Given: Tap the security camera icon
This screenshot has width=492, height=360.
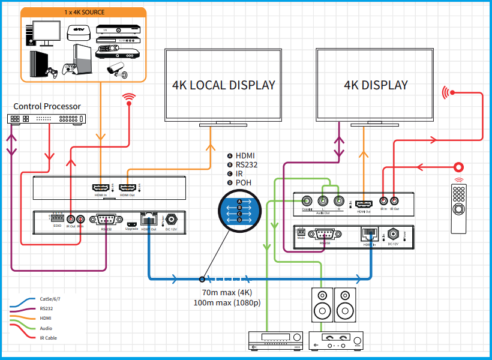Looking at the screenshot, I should click(x=116, y=69).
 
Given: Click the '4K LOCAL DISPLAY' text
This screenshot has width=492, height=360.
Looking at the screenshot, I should click(x=223, y=85).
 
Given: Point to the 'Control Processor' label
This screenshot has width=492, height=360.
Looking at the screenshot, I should click(x=47, y=106).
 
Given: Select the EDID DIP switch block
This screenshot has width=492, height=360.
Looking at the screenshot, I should click(x=58, y=218).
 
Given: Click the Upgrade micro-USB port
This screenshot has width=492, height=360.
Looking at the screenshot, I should click(x=131, y=221).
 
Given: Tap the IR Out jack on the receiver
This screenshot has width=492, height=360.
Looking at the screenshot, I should click(x=394, y=202).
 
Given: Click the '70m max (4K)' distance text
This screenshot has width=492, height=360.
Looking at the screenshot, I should click(x=227, y=293).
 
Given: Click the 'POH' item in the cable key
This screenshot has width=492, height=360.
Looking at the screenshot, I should click(x=242, y=182).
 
